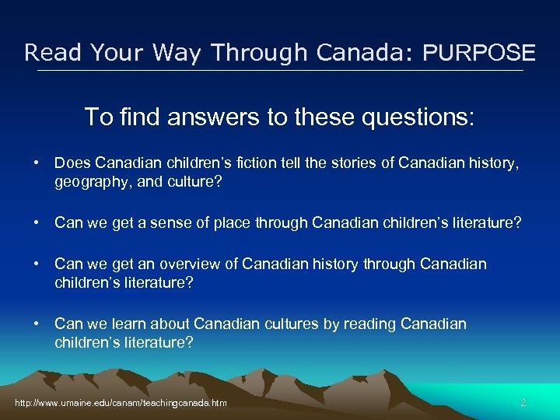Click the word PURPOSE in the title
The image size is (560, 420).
(x=479, y=53)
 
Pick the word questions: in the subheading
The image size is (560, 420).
(x=410, y=117)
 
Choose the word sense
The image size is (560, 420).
(x=170, y=223)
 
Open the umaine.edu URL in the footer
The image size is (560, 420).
(x=121, y=403)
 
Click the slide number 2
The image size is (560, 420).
(x=523, y=403)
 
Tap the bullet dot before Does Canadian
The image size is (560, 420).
(x=37, y=163)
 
